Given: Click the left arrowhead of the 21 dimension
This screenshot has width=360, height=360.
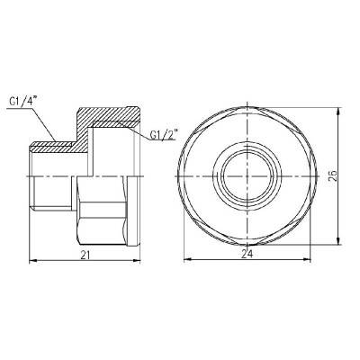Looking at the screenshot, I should (34, 262).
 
